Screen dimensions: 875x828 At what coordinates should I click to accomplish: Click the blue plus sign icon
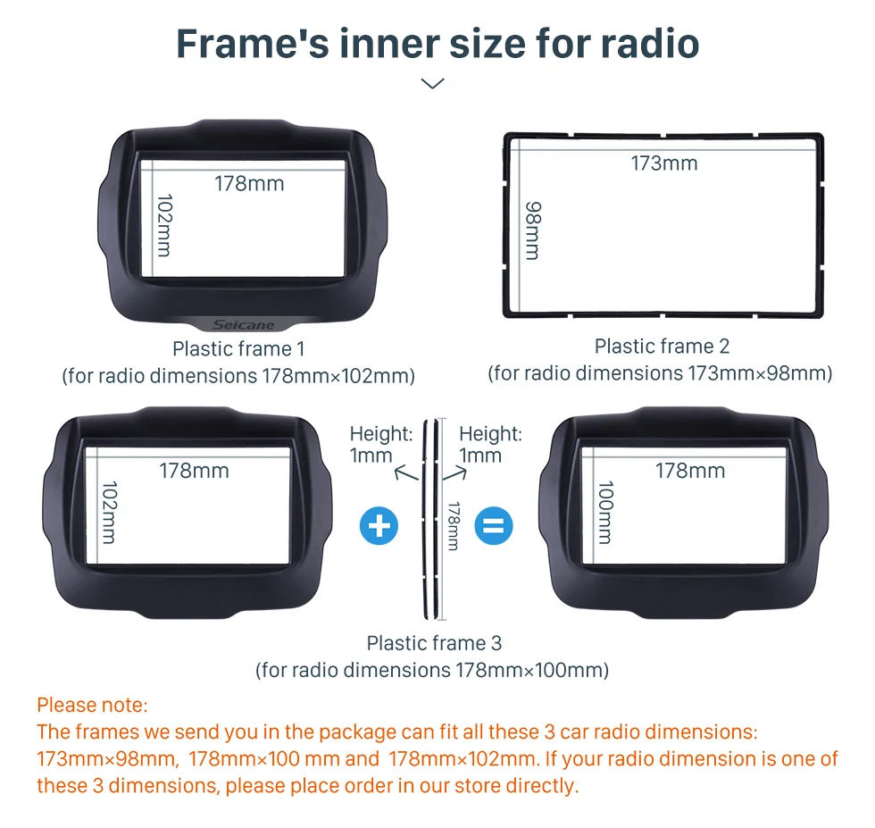[x=379, y=526]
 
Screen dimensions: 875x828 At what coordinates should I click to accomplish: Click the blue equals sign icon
[x=494, y=526]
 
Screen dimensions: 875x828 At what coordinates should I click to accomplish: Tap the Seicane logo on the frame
[x=244, y=324]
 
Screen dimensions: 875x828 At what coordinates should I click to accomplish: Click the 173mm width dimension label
[x=664, y=163]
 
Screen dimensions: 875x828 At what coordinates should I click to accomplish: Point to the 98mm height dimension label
[x=534, y=230]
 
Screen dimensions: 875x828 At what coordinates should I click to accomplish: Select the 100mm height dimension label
[x=606, y=512]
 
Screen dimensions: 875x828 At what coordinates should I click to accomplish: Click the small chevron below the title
[x=432, y=84]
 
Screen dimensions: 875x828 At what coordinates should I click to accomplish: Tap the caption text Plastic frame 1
[x=239, y=349]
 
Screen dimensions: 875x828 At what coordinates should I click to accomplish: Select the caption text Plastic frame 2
[x=662, y=347]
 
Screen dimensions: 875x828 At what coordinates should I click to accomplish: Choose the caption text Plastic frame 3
[x=434, y=643]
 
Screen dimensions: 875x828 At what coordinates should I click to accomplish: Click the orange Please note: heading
[x=93, y=705]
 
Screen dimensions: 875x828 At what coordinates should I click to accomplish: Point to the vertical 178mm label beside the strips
[x=454, y=526]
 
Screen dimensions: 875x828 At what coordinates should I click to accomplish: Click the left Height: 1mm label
[x=381, y=445]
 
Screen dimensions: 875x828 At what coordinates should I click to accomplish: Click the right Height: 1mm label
[x=490, y=445]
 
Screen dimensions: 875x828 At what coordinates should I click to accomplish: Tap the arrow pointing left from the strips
[x=406, y=474]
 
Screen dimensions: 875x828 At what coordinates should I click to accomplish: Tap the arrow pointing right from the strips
[x=454, y=474]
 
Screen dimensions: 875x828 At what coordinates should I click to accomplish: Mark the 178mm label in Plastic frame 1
[x=249, y=184]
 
